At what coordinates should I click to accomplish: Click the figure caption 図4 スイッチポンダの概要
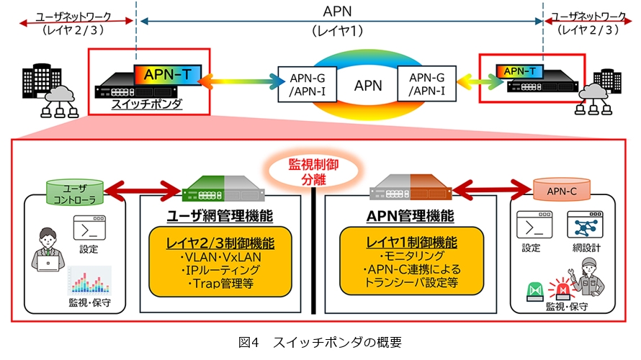point(320,342)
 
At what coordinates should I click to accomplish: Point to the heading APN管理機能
point(411,215)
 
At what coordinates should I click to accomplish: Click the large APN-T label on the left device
point(168,74)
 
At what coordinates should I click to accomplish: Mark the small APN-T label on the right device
point(519,71)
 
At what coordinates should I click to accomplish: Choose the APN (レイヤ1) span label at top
point(339,20)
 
